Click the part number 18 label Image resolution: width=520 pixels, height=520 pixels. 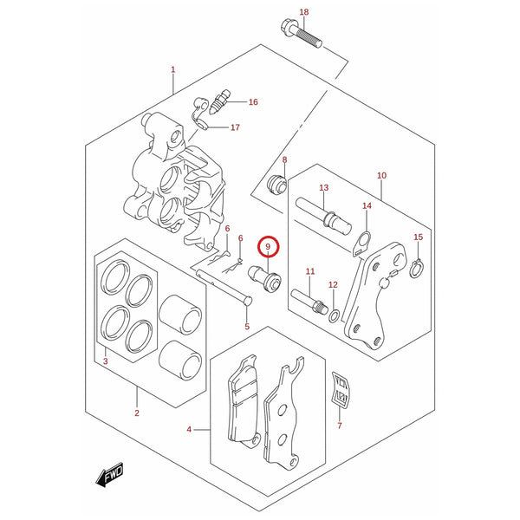coord(304,12)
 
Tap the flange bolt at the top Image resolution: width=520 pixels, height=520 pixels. coord(301,34)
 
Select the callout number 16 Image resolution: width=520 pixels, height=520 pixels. coord(253,102)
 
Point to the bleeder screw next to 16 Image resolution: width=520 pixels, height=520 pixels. coord(220,102)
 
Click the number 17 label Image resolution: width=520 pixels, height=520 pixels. coord(235,127)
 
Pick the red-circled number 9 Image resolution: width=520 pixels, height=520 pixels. coord(268,247)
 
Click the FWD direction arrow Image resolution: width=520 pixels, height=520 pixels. coord(110,475)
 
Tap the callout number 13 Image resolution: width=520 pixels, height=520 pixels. coord(323,188)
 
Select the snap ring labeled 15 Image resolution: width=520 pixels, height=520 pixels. coord(416,267)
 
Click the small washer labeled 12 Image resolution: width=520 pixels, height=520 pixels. coord(334,315)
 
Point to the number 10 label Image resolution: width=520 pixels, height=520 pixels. coord(381,175)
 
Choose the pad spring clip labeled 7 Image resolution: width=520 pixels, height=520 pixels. coord(341,390)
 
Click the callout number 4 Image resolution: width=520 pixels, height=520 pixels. coord(189,430)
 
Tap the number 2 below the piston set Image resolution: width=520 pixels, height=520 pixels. coord(137,413)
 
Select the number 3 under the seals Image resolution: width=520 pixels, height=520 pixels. coord(106,361)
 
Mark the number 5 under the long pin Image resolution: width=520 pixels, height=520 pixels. coord(247,327)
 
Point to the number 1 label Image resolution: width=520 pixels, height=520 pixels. coord(172,69)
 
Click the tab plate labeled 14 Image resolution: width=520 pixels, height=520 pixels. coord(362,244)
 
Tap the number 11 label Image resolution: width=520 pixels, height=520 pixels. coord(310,271)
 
